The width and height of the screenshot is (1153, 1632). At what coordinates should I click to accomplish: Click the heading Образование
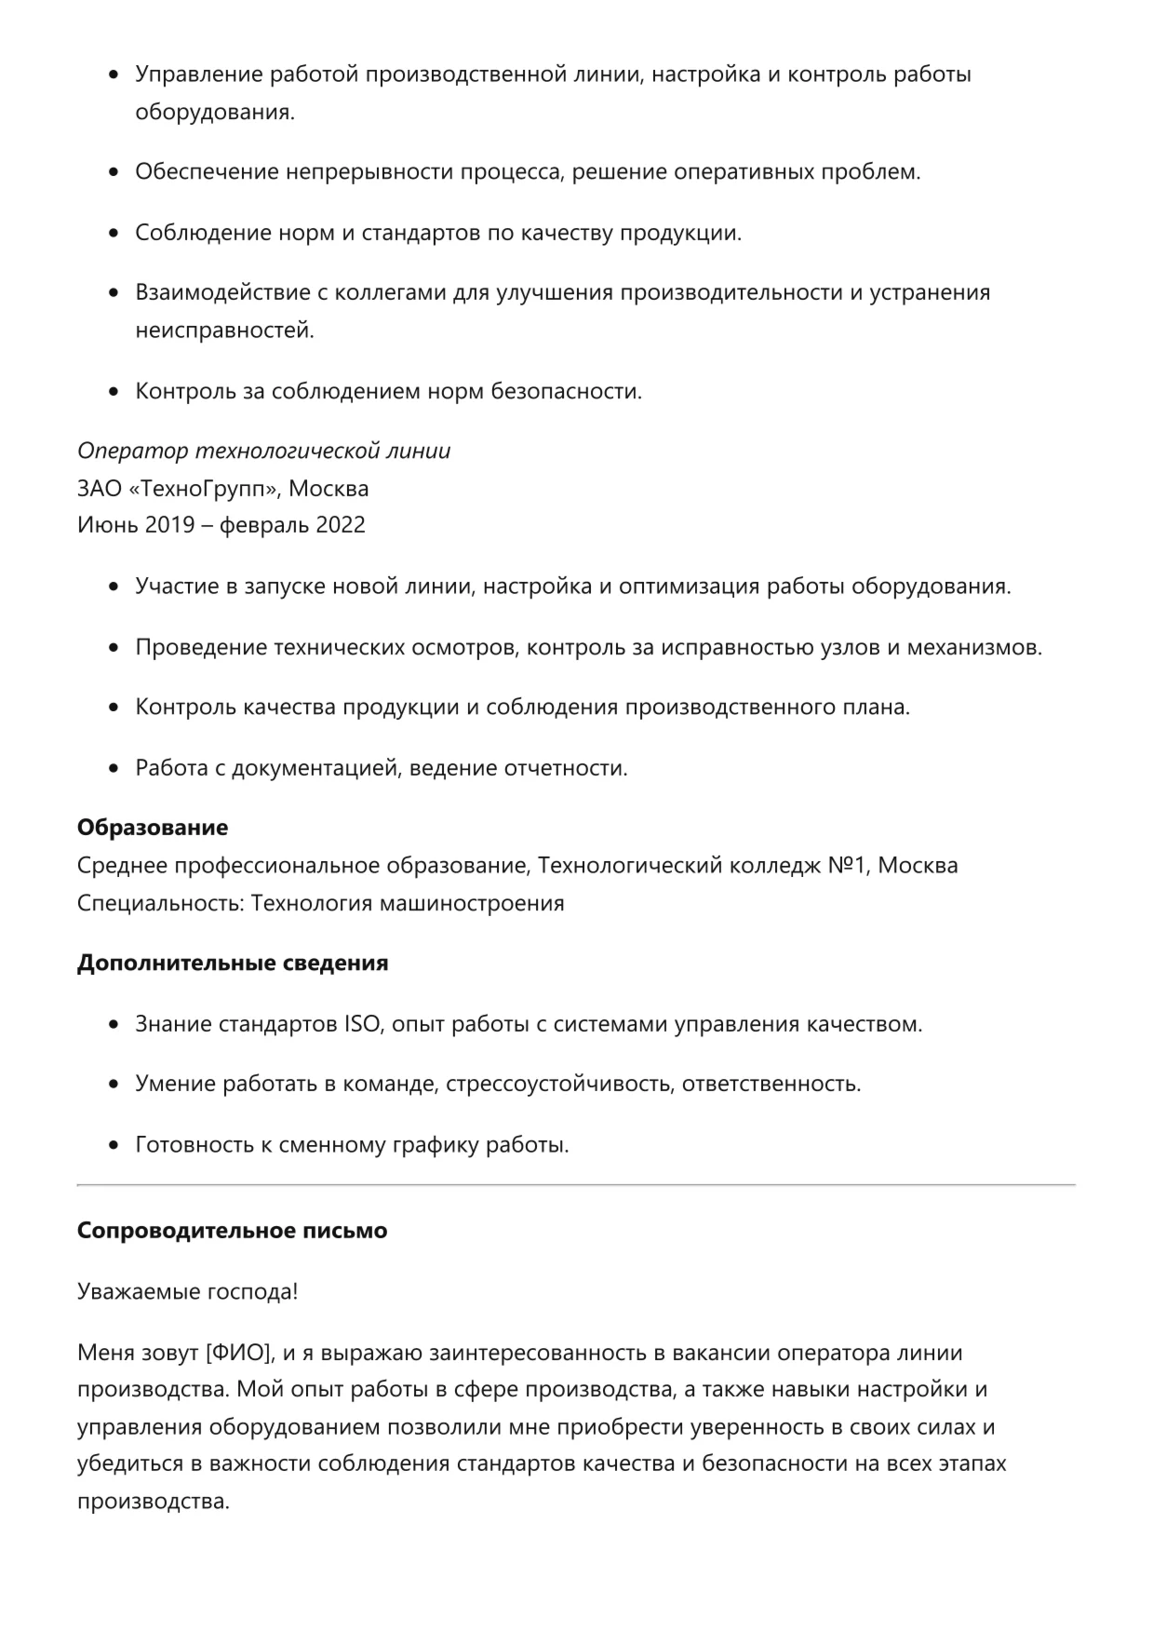click(x=152, y=828)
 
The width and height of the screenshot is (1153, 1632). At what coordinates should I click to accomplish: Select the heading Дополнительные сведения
click(x=232, y=963)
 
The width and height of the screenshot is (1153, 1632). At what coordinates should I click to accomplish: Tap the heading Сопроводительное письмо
click(x=232, y=1231)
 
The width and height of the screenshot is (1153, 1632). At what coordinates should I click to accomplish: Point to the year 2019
click(x=169, y=525)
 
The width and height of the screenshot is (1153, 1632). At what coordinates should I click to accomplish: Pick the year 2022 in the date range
click(x=340, y=525)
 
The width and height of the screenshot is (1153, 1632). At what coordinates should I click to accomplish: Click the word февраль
click(x=264, y=525)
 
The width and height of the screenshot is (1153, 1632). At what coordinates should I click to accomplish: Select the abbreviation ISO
click(x=362, y=1024)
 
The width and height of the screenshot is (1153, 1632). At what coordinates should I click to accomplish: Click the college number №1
click(x=847, y=866)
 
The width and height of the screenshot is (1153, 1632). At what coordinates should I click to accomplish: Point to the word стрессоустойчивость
click(x=559, y=1085)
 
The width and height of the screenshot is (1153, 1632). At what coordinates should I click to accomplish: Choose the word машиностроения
click(x=471, y=904)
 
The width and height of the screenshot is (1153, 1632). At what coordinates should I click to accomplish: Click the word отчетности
click(x=565, y=768)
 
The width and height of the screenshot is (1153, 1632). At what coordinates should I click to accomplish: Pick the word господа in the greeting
click(x=254, y=1292)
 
